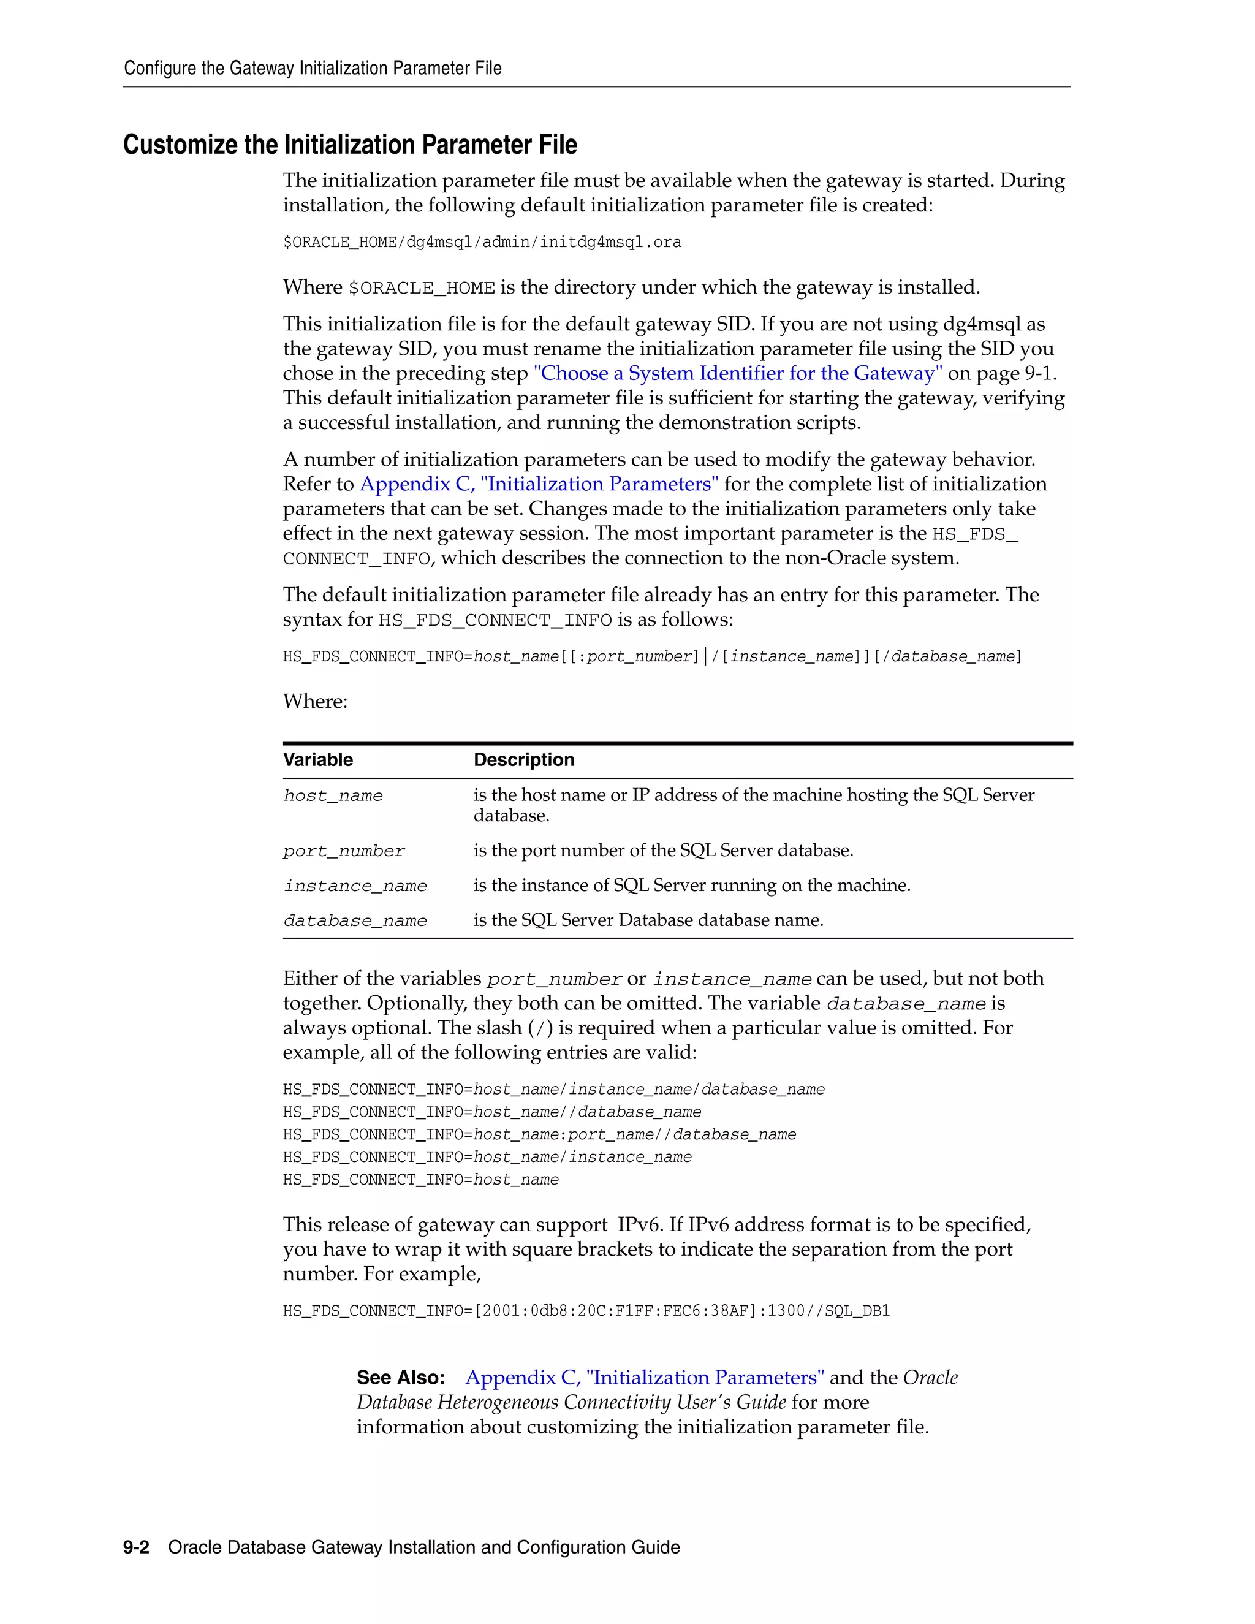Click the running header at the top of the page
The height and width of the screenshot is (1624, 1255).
(x=313, y=69)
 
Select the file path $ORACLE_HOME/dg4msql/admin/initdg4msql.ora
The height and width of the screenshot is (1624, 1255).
(x=482, y=243)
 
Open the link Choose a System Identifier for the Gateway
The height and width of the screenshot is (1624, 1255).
(x=738, y=373)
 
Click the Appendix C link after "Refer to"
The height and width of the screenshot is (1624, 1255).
(x=539, y=484)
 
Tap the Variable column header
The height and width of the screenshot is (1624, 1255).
(x=317, y=760)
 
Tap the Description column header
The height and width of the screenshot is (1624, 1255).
(x=523, y=760)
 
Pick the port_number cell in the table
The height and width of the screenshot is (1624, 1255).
(x=344, y=851)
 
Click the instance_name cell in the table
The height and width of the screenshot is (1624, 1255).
(x=355, y=886)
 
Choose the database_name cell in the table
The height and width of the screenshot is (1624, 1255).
(x=355, y=920)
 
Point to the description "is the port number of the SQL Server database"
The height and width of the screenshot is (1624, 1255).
(x=663, y=851)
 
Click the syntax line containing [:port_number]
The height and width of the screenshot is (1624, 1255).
(x=651, y=656)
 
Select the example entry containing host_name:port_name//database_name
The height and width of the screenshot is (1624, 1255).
(x=539, y=1135)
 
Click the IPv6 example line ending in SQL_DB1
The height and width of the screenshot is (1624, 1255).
(x=586, y=1311)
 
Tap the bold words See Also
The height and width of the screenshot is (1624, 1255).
(x=400, y=1378)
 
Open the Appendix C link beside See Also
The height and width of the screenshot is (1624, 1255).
(x=644, y=1378)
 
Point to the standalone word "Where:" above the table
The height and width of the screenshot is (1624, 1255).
(x=314, y=701)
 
